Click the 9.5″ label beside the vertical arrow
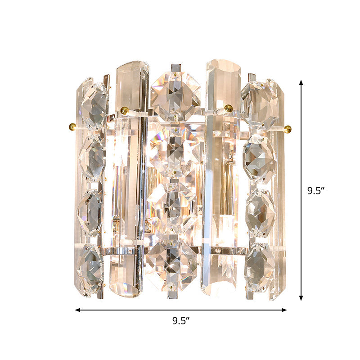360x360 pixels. coord(316,190)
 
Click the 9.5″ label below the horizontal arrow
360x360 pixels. coord(181,321)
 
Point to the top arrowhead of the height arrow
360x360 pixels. coord(301,83)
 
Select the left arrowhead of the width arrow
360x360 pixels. coord(77,310)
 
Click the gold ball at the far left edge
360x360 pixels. coord(72,126)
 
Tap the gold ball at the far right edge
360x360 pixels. coord(288,129)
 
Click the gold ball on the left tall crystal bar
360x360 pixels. coord(125,110)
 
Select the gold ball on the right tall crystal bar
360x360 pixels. coord(229,108)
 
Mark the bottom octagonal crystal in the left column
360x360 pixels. coord(90,269)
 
